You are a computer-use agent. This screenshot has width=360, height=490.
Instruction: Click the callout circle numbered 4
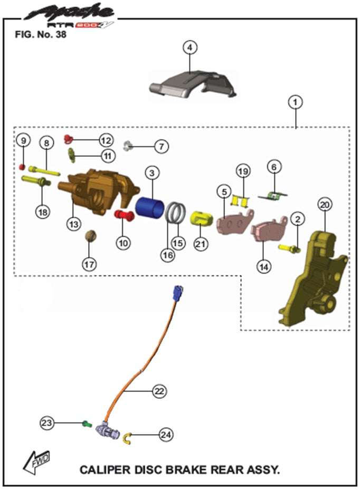click(x=190, y=47)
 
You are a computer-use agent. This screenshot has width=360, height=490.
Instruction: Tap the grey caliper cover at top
click(x=193, y=84)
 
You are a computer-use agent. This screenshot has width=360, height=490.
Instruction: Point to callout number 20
click(x=325, y=204)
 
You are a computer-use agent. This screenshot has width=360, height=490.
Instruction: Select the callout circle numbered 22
click(x=159, y=391)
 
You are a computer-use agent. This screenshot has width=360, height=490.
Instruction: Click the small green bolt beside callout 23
click(x=87, y=423)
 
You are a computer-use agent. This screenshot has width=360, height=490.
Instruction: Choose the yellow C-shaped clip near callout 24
click(x=127, y=437)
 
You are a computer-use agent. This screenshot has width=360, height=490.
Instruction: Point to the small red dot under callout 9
click(x=22, y=167)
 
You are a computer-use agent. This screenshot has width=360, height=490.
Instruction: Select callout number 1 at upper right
click(x=296, y=101)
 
